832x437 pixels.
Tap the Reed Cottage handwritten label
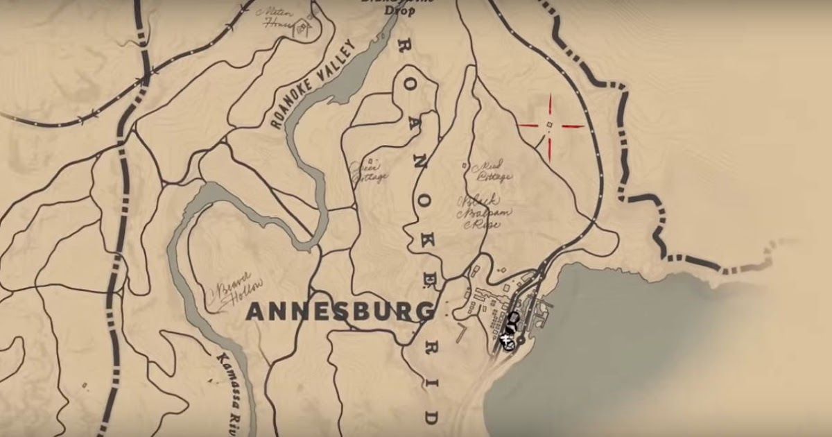[491, 171]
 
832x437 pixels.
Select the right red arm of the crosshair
[573, 126]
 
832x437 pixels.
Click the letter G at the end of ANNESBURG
[424, 314]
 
